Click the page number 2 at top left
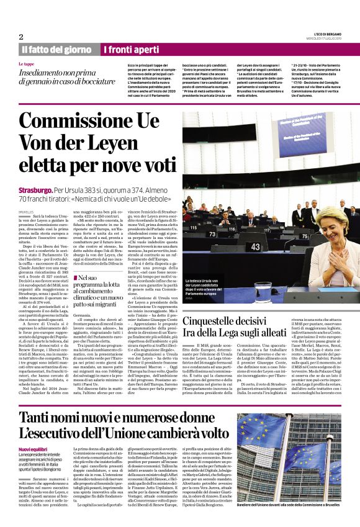20,37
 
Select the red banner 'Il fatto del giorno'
57,49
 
